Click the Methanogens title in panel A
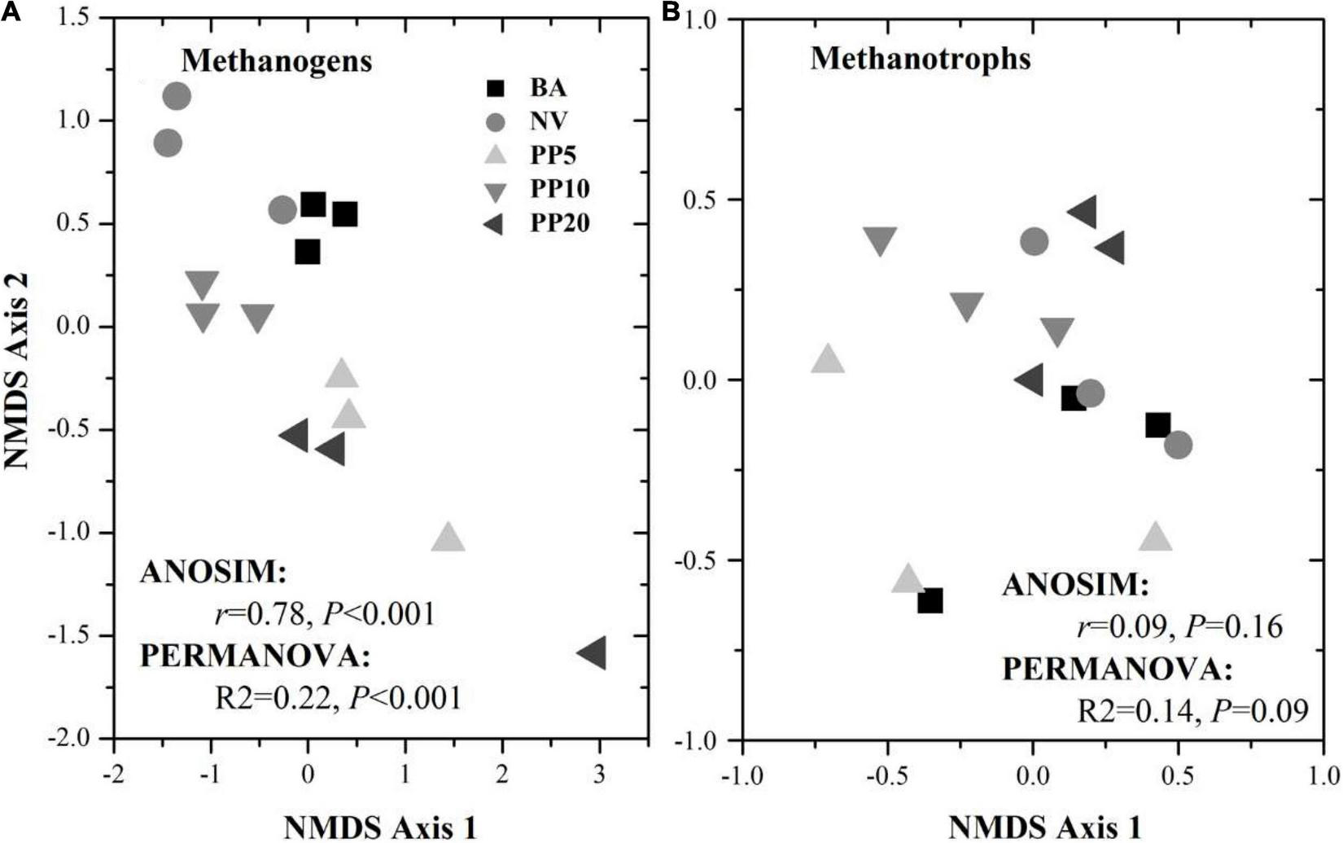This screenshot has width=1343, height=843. click(277, 61)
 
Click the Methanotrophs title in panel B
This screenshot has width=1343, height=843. click(921, 59)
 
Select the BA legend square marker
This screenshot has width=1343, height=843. click(494, 88)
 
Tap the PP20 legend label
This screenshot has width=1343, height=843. click(560, 223)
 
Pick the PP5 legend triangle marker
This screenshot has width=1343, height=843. click(494, 156)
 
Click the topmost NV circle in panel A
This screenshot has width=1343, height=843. click(177, 97)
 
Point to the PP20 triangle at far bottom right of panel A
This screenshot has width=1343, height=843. click(592, 653)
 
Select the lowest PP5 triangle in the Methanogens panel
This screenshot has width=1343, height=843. click(448, 538)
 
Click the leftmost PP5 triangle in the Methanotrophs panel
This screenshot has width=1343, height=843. click(828, 358)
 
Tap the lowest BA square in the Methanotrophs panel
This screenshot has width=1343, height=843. click(930, 602)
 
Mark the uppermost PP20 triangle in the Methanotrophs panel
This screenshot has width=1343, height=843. click(1083, 213)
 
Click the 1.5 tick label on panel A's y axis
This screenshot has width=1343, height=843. click(80, 18)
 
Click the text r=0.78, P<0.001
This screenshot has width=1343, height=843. click(325, 613)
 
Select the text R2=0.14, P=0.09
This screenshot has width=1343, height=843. click(1192, 710)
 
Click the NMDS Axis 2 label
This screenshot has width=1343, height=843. click(18, 371)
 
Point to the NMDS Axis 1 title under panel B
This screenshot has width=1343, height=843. click(1044, 828)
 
